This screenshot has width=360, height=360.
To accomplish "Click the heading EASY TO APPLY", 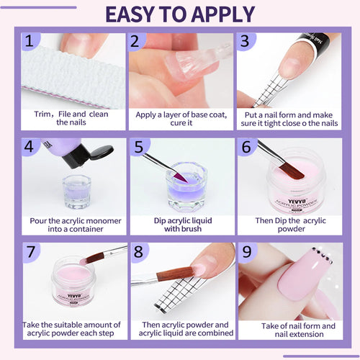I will (x=180, y=14).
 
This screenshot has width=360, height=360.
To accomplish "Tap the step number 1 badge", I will (x=30, y=42).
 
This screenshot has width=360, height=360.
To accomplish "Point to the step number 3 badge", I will (x=246, y=42).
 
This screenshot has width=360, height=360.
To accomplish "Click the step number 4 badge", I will (x=30, y=148).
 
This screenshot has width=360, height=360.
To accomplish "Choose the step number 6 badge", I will (x=246, y=148).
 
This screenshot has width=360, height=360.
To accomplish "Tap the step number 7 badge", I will (x=30, y=252).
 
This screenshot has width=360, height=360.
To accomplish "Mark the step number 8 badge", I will (x=138, y=252).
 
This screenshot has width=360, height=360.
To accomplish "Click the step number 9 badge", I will (x=246, y=252).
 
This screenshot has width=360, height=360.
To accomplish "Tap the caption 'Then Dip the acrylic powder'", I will (x=288, y=225).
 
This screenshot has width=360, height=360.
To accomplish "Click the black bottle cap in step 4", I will (x=97, y=153).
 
